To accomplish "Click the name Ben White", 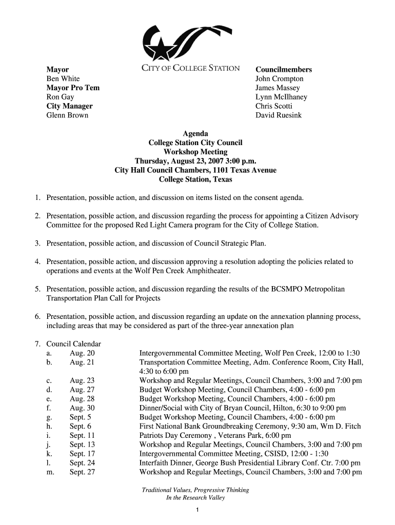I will pyautogui.click(x=63, y=78).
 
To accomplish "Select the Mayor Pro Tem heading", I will pyautogui.click(x=73, y=88).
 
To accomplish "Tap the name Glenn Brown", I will pyautogui.click(x=67, y=115).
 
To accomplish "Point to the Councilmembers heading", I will pyautogui.click(x=284, y=69).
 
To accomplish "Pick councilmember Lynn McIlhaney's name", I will pyautogui.click(x=281, y=97).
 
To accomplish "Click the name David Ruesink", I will pyautogui.click(x=279, y=115).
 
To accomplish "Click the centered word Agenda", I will pyautogui.click(x=195, y=134).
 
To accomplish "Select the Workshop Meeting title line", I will pyautogui.click(x=195, y=152).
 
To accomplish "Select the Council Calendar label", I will pyautogui.click(x=73, y=344).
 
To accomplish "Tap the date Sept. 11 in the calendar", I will pyautogui.click(x=83, y=435).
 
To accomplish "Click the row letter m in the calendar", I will pyautogui.click(x=50, y=472).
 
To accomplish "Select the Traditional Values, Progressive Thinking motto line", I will pyautogui.click(x=195, y=490).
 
